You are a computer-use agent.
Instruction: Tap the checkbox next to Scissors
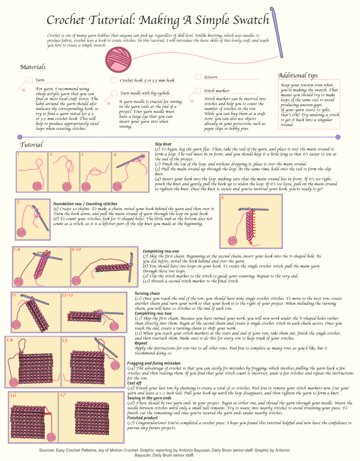[198, 77]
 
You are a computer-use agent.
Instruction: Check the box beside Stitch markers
[198, 90]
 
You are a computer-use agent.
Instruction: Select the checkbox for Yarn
[29, 80]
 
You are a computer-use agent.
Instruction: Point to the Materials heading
[32, 67]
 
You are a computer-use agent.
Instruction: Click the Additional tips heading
[298, 75]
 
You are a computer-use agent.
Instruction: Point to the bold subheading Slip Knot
[165, 145]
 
